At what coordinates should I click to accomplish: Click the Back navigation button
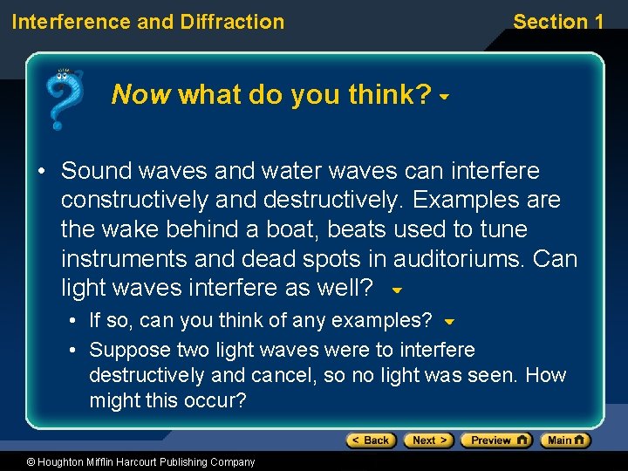[x=372, y=440]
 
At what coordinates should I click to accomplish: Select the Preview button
[x=495, y=440]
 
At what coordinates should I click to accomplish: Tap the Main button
[x=565, y=440]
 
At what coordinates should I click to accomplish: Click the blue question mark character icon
[x=63, y=98]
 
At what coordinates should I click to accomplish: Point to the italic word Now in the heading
[x=140, y=94]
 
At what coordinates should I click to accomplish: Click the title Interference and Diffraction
[x=147, y=22]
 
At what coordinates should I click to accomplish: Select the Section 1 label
[x=558, y=22]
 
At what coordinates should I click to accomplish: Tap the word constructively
[x=135, y=201]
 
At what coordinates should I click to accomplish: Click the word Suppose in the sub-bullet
[x=127, y=350]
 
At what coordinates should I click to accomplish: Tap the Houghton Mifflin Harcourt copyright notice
[x=128, y=462]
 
